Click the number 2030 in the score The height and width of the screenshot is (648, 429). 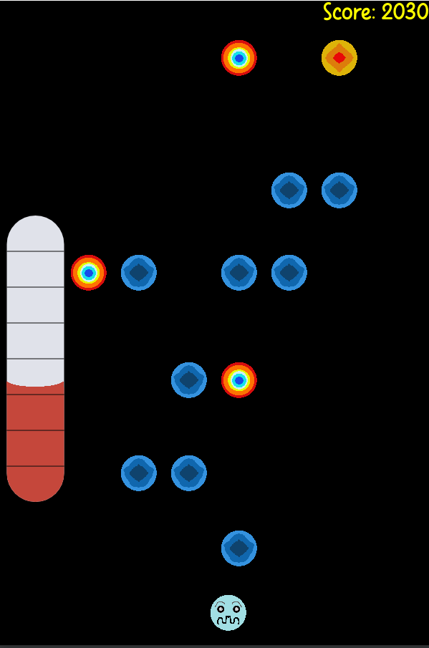click(405, 11)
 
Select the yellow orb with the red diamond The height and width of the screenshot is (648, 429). click(339, 58)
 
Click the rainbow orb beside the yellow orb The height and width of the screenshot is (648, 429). click(239, 58)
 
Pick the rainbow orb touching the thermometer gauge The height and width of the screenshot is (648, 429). click(88, 273)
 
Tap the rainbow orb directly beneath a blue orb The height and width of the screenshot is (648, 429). click(239, 380)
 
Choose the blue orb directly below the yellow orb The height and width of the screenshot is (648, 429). click(339, 190)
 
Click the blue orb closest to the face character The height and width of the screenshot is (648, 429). click(239, 548)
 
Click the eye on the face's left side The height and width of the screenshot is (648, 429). click(221, 609)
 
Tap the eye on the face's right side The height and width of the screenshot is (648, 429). click(236, 609)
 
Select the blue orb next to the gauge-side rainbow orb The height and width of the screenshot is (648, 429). click(139, 273)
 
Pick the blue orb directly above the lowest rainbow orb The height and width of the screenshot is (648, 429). click(239, 273)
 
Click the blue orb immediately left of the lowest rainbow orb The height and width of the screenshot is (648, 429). click(189, 380)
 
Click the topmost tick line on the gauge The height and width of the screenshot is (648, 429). click(36, 251)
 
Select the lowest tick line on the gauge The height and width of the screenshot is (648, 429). click(36, 466)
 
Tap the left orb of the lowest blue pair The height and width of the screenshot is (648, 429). click(139, 473)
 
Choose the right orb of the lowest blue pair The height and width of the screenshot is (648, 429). click(189, 473)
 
